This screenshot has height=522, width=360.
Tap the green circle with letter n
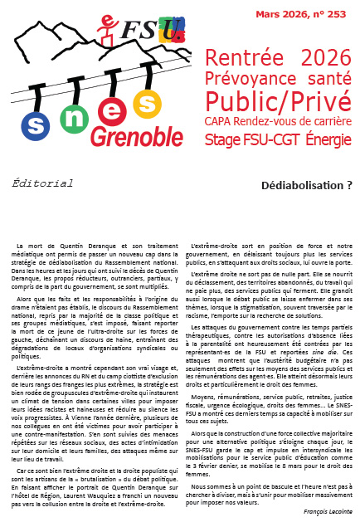(73, 118)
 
